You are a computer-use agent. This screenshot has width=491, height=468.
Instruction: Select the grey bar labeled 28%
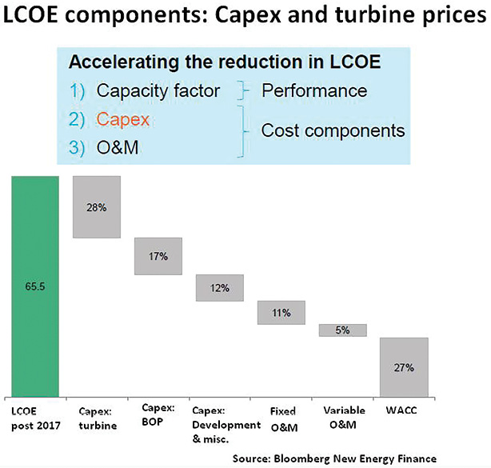96,206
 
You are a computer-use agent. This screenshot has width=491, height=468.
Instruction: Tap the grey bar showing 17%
158,256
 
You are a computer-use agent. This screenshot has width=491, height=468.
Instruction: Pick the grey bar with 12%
220,287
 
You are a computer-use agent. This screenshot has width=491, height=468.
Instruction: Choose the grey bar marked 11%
281,313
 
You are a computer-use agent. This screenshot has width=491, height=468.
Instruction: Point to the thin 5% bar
343,330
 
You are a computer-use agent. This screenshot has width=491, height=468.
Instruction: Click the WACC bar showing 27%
403,367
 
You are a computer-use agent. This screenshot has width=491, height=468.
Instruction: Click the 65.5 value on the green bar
34,284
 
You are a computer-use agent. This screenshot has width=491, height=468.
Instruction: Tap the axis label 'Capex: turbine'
97,418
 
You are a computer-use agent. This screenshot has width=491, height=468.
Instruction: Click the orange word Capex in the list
118,119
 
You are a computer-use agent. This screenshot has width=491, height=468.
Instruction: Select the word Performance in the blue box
314,90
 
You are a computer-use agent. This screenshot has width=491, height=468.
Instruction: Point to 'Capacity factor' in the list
158,90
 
